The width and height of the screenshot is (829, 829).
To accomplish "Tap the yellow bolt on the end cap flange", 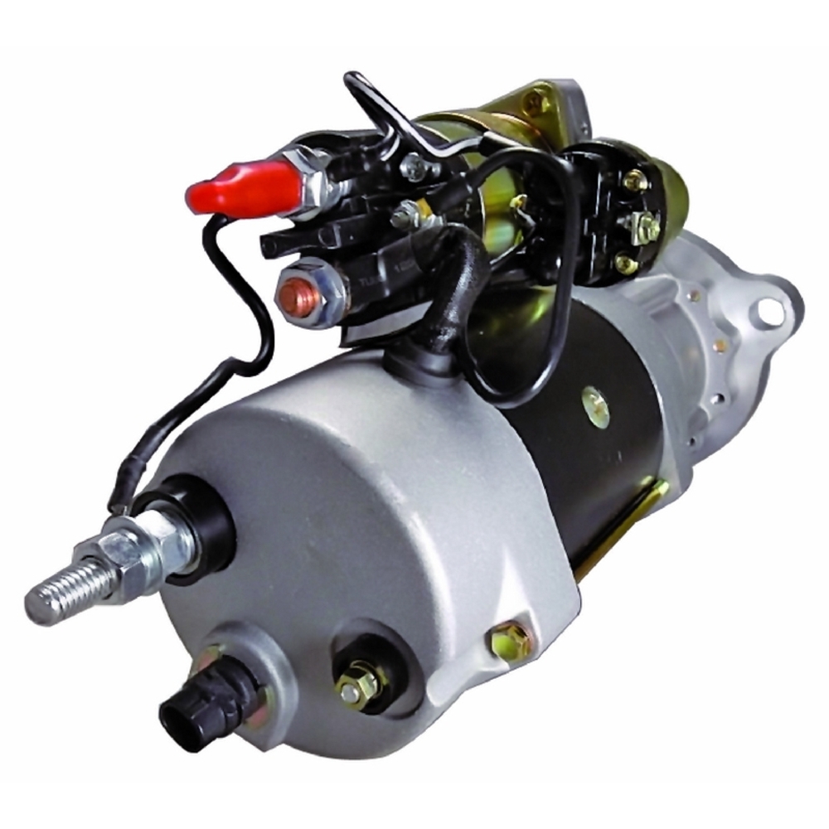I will (x=507, y=638).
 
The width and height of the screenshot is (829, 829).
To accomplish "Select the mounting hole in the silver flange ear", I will (x=769, y=311).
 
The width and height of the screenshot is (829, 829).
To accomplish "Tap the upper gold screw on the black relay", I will (x=634, y=179).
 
